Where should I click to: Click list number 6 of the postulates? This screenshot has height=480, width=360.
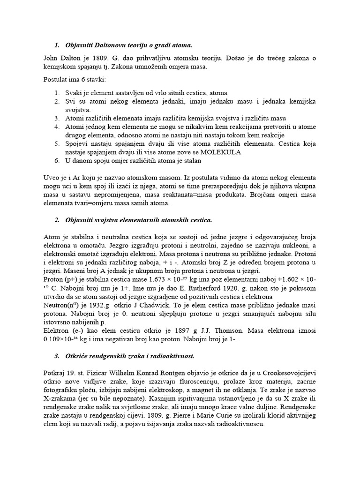[x=57, y=161]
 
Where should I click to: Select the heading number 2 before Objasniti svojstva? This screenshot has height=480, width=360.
[x=57, y=219]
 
